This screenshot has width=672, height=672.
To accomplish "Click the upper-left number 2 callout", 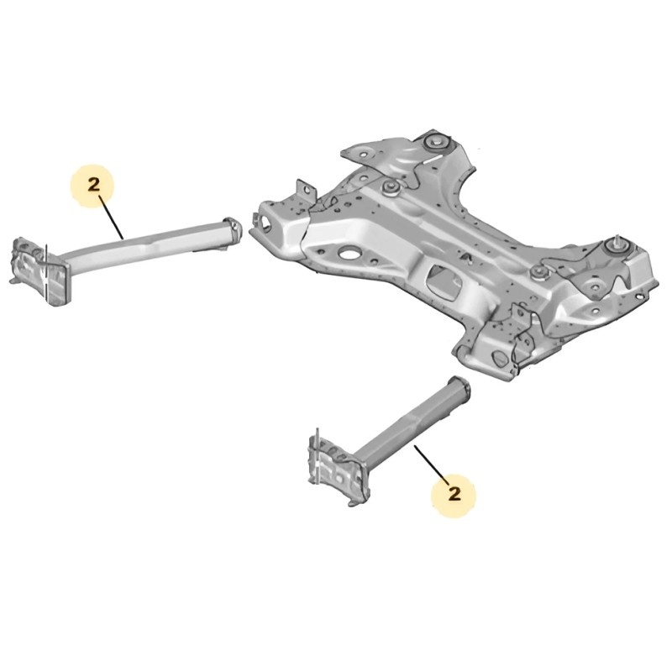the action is (x=93, y=186).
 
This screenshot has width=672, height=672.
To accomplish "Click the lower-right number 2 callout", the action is (x=454, y=495).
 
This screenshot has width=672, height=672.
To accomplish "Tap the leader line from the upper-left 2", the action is (x=111, y=218).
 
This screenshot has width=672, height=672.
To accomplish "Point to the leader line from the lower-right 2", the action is (x=432, y=465).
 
